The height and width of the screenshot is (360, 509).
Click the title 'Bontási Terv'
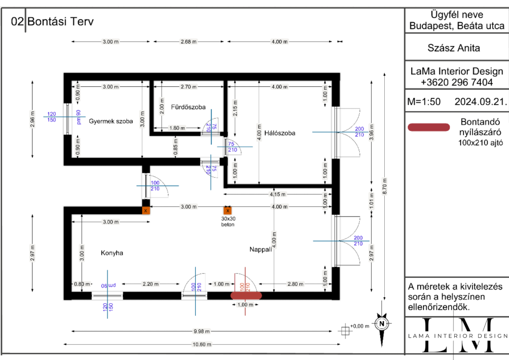(60, 22)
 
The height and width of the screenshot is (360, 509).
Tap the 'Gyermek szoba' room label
(111, 121)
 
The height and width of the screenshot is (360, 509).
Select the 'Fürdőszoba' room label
(188, 107)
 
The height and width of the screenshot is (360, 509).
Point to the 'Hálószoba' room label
(280, 133)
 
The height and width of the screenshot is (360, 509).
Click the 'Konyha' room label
(112, 252)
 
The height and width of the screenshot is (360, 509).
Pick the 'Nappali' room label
(260, 250)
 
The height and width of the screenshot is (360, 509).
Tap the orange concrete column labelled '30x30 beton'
(227, 210)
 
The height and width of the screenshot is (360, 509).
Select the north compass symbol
(382, 324)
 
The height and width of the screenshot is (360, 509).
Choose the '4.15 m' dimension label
(276, 194)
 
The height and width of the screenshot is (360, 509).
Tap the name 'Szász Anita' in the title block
(453, 48)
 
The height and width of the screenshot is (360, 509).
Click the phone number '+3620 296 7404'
(457, 82)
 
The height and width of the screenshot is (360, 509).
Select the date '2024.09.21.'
(480, 102)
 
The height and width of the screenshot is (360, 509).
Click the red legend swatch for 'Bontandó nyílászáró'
(428, 127)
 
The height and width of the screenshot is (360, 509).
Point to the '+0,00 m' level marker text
(360, 326)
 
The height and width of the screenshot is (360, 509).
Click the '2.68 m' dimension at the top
(189, 42)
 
